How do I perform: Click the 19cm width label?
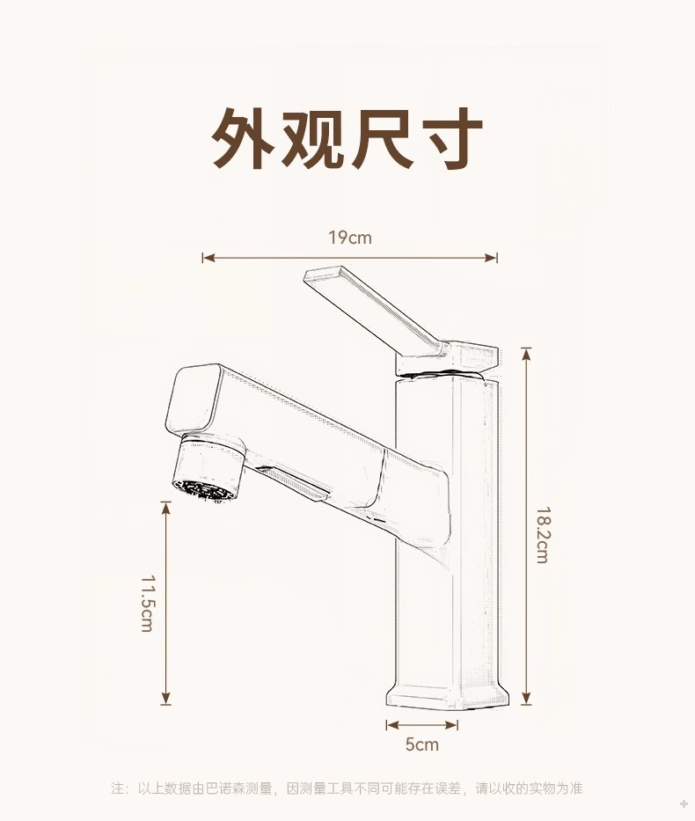(x=349, y=238)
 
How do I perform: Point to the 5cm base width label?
(x=421, y=744)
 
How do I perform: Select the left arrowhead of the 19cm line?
(x=206, y=258)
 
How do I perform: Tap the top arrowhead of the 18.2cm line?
(x=526, y=352)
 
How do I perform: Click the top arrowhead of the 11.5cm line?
(x=165, y=506)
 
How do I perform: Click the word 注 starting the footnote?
(x=118, y=788)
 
